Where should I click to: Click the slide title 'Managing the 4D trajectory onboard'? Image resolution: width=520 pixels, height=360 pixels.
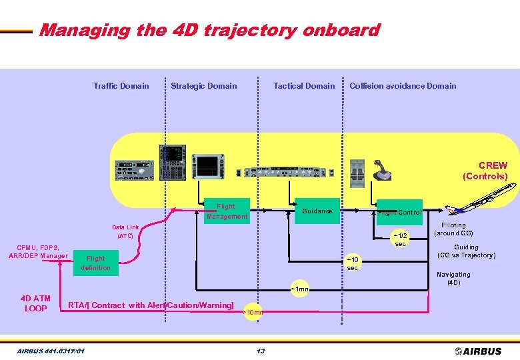click(209, 30)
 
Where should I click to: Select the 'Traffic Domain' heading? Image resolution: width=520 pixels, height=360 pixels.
click(121, 85)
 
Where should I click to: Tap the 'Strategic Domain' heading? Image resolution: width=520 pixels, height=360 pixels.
click(203, 85)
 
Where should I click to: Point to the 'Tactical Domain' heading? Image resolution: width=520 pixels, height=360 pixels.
click(304, 85)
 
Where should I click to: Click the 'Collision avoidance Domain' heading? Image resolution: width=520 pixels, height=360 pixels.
click(403, 85)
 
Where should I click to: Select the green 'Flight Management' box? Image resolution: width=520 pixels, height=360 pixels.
click(226, 211)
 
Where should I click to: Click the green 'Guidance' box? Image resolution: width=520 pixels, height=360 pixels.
click(317, 211)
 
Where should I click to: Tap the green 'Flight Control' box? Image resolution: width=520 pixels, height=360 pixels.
click(399, 213)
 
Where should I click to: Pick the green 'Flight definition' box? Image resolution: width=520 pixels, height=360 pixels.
click(96, 263)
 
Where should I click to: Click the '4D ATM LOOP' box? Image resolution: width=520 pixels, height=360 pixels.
click(35, 303)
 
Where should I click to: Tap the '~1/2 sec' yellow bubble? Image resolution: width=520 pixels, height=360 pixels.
click(400, 239)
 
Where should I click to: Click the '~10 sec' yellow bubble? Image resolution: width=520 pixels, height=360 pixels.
click(353, 263)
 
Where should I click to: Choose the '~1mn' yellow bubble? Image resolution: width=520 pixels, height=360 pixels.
click(299, 289)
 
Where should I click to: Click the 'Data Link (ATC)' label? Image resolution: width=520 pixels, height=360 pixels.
click(125, 231)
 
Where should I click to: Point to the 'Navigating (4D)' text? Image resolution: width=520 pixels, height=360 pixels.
click(453, 278)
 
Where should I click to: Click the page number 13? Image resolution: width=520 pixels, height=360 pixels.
click(260, 351)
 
